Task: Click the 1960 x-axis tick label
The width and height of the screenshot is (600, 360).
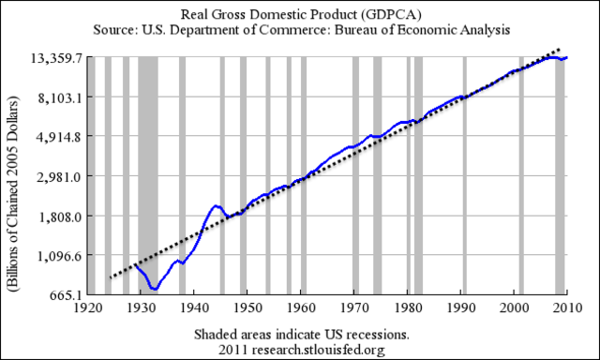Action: pyautogui.click(x=301, y=307)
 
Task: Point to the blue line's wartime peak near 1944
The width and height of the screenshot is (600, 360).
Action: pyautogui.click(x=217, y=205)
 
